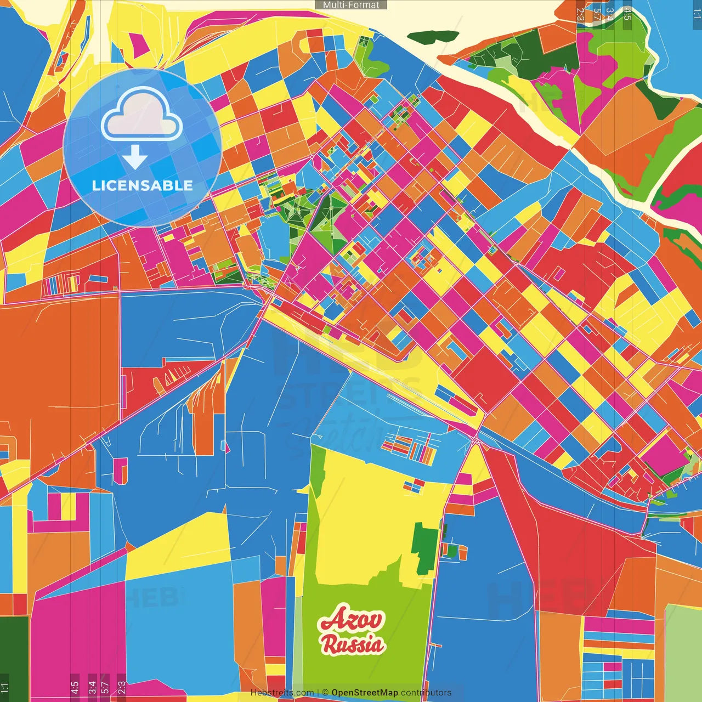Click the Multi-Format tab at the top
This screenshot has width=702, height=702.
[x=351, y=5]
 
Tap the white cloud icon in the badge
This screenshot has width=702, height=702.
[x=142, y=116]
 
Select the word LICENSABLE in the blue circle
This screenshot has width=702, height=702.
[x=143, y=185]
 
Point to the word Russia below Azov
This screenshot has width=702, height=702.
[x=352, y=644]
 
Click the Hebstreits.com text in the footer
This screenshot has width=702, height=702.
[x=282, y=693]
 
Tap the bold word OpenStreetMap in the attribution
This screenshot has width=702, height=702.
[x=364, y=693]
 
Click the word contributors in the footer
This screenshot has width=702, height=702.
[x=426, y=693]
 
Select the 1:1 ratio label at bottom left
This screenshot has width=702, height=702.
[x=5, y=688]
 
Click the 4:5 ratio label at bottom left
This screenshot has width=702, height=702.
[x=75, y=688]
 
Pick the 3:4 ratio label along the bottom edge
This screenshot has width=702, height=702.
[x=92, y=688]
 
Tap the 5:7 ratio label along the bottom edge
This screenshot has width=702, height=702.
[x=105, y=688]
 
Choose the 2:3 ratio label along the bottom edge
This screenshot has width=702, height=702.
[x=122, y=688]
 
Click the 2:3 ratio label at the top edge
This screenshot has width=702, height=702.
[x=580, y=14]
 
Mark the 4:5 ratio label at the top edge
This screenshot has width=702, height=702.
[x=627, y=14]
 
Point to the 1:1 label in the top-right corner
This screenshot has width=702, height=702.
[x=697, y=14]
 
